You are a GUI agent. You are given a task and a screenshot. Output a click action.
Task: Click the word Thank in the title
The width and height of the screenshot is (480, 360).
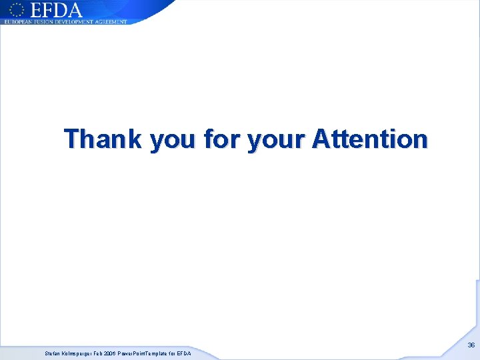[x=103, y=139]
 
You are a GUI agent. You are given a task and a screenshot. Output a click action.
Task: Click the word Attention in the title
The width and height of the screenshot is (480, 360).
[x=369, y=139]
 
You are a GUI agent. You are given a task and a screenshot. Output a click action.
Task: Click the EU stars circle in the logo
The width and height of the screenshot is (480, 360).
[x=16, y=10]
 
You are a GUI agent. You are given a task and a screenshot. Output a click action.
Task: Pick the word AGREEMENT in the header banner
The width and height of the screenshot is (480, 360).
[x=111, y=22]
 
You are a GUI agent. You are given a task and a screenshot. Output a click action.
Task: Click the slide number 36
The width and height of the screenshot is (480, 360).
[x=471, y=345]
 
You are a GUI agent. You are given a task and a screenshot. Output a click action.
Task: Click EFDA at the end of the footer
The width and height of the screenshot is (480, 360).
[x=184, y=353]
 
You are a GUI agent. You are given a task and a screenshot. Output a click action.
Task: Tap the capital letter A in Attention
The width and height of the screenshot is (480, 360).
[x=321, y=139]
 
